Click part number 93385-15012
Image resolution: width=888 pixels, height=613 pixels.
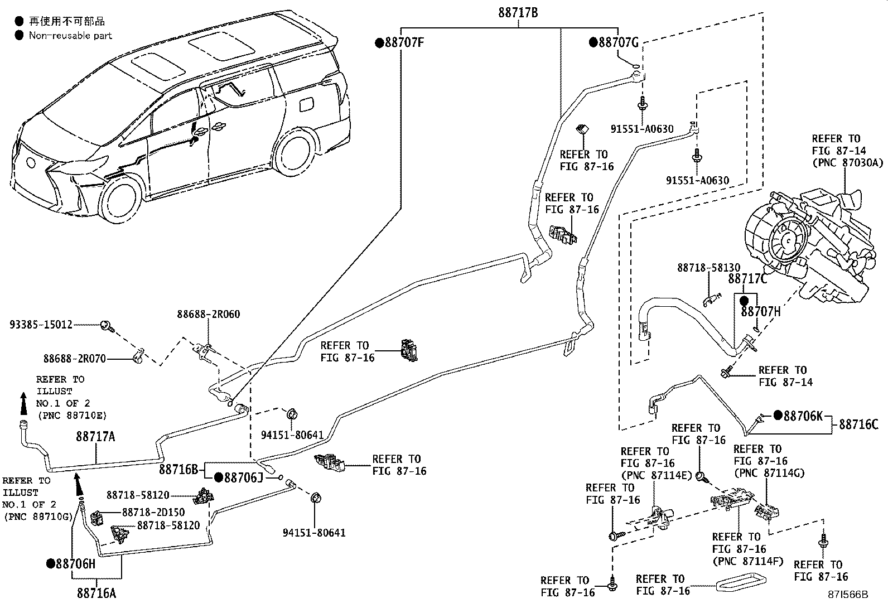pos(41,324)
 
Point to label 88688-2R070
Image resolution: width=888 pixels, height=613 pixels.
pos(75,359)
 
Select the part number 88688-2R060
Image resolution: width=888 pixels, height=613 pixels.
pos(209,314)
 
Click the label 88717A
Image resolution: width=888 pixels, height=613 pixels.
pos(95,437)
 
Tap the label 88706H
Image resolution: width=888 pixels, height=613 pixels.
pos(75,563)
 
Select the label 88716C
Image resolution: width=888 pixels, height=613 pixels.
pos(858,425)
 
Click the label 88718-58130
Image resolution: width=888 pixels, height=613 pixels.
pos(710,268)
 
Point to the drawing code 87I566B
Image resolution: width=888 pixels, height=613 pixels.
pos(848,595)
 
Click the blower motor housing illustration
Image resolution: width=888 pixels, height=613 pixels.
pos(803,240)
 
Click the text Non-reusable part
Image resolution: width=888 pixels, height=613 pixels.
pos(71,36)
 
